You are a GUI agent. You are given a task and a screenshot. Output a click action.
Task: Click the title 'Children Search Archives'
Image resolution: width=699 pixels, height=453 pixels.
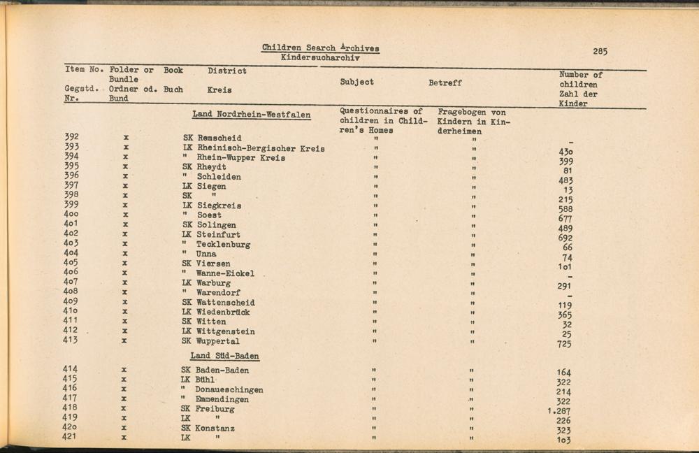coord(321,48)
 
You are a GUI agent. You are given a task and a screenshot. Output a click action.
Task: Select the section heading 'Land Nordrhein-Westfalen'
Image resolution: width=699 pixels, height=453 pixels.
coord(252,115)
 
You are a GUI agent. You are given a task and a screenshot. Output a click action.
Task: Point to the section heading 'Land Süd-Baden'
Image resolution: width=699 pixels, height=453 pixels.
coord(224,356)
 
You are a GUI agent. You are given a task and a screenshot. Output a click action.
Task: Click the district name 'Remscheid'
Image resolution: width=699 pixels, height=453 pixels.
coord(219,138)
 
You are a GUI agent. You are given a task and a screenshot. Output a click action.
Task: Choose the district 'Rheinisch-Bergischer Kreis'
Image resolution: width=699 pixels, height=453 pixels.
coord(261,148)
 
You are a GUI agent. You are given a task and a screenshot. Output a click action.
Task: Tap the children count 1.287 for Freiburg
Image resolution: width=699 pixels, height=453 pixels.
coord(559,411)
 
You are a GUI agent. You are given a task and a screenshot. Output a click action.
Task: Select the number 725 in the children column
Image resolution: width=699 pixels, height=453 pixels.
coord(564,344)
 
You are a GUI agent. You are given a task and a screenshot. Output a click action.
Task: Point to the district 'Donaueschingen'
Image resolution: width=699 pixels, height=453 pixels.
coord(231,389)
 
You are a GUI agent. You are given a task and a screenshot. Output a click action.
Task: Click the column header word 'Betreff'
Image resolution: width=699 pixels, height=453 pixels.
coord(445,82)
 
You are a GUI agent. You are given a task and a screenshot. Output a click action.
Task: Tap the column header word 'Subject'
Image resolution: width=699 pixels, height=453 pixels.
coord(356,82)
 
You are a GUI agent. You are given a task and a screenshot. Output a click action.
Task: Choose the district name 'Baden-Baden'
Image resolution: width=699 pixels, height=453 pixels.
coord(222,371)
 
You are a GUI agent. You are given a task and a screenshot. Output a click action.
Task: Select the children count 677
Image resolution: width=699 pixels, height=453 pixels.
coord(565,218)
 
